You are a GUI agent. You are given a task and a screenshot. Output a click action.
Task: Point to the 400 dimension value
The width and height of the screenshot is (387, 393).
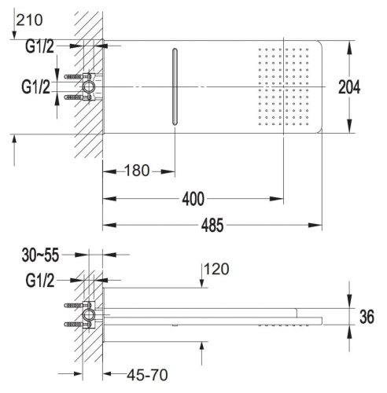coord(193,198)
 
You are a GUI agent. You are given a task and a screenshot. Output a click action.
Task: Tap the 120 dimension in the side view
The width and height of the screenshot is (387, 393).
coord(216,270)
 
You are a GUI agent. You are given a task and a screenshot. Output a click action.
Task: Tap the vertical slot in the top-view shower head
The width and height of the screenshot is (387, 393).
coord(175,86)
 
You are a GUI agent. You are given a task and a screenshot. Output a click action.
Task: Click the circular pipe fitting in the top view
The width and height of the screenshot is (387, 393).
coord(89,86)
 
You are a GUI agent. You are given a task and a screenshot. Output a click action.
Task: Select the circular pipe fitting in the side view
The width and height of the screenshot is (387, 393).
coord(89,316)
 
